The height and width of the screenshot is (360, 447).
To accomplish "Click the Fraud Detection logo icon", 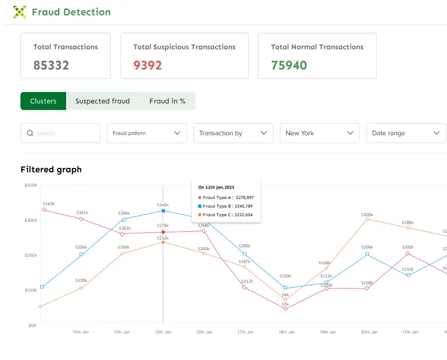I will pos(20,12).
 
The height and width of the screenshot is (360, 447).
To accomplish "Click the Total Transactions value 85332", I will pos(51,65).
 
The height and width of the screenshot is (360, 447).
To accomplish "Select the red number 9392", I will pos(148,65).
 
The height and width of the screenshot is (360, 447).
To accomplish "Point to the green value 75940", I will pos(289,65).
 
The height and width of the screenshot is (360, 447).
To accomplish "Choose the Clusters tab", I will pos(43,101).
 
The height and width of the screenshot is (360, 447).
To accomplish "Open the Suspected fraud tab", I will pos(102,101).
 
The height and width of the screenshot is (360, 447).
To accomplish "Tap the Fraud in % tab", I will pos(167,101).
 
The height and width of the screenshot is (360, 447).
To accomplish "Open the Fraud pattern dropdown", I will pos(147,133).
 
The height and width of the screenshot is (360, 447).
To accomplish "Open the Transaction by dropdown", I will pos(233,133).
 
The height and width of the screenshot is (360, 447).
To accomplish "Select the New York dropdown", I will pos(319,133).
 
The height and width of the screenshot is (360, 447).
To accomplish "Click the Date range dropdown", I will pos(406,133).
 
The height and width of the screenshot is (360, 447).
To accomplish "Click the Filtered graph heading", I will pos(51,170).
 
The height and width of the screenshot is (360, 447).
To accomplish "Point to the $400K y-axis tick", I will pos(30,185).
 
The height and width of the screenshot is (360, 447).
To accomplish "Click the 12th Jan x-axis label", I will pos(163,332).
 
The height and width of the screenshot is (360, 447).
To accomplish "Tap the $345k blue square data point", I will pos(163,211).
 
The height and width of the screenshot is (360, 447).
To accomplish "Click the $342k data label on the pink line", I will pos(49,204).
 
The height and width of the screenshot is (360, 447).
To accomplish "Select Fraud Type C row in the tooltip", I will pos(225,215).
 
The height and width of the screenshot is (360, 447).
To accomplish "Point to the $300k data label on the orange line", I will pos(367,215).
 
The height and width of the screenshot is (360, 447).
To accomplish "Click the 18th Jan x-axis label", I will pos(286,332).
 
